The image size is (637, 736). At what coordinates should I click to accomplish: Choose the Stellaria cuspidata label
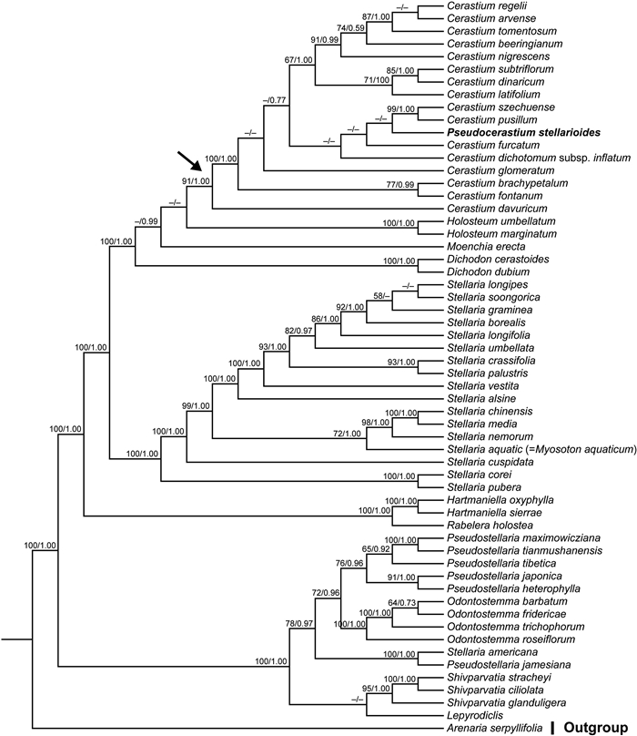click(x=486, y=462)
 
